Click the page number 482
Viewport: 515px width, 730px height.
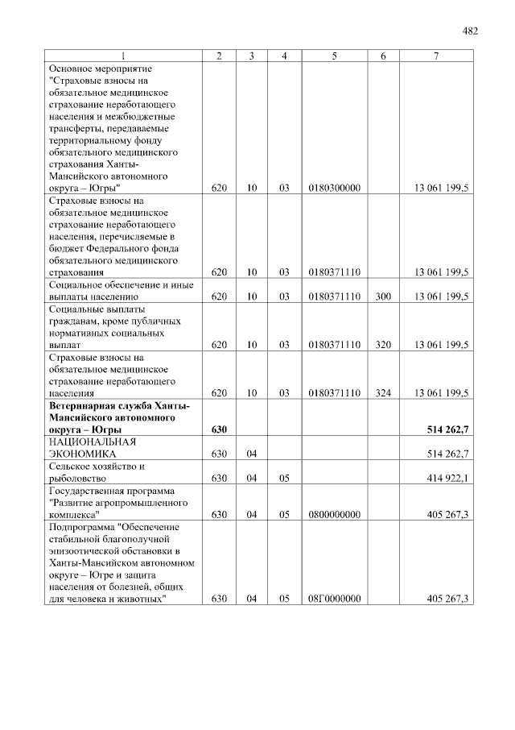pos(471,31)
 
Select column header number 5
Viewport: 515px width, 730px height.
pos(333,56)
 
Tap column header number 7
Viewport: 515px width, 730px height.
pos(435,56)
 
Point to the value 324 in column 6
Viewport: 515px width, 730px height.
pos(383,393)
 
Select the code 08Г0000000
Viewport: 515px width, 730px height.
pos(333,599)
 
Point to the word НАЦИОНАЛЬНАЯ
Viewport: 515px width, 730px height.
pos(92,442)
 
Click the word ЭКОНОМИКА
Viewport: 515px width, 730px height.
pos(78,454)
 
